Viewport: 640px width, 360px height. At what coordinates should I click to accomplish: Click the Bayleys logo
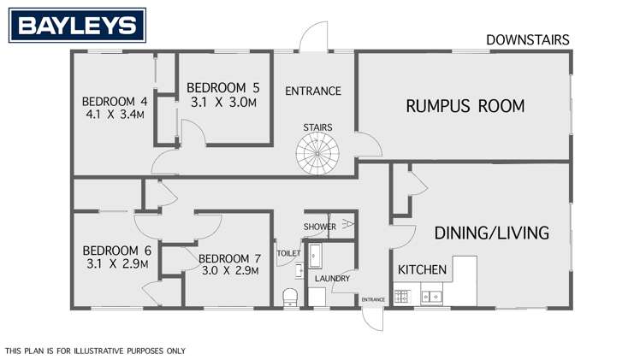pos(77,26)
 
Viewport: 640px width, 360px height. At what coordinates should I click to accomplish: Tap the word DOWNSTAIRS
pos(527,39)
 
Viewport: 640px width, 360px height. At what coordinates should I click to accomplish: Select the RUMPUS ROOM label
pos(465,107)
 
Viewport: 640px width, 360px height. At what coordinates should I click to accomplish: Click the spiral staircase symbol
pos(317,155)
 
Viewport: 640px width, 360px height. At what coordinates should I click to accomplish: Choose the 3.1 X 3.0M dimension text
pos(222,102)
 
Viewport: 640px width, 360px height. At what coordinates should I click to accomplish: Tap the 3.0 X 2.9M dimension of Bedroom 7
pos(228,271)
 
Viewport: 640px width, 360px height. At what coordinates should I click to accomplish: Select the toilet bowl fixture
pos(289,296)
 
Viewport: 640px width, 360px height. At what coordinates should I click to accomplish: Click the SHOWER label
pos(319,227)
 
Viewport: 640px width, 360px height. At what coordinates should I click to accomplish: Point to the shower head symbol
pos(347,226)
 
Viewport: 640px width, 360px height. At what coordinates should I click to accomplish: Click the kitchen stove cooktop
pos(403,297)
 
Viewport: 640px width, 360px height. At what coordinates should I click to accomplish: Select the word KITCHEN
pos(422,269)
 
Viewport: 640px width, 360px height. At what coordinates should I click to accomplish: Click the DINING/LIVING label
pos(491,233)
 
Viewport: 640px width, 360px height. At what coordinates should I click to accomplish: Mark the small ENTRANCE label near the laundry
pos(372,299)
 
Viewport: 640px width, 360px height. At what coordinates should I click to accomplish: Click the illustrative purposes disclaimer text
pos(94,351)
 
